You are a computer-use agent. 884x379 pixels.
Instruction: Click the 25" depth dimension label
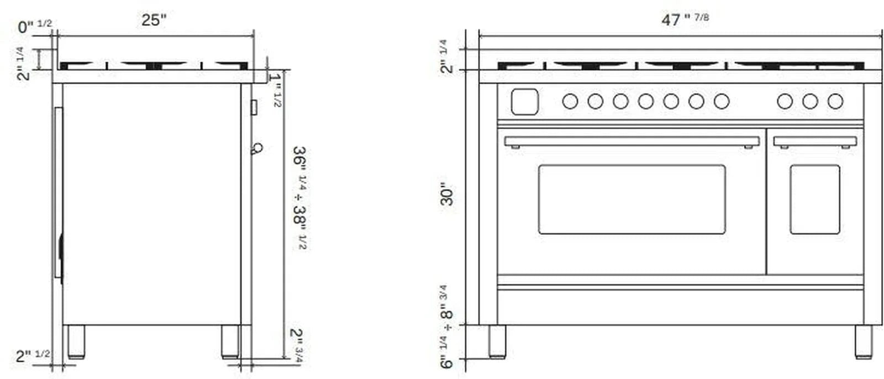(154, 20)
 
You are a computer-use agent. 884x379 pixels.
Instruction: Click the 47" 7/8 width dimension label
(685, 19)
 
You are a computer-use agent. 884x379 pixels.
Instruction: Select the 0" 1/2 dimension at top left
(34, 26)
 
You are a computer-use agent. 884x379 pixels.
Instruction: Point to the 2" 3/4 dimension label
(297, 345)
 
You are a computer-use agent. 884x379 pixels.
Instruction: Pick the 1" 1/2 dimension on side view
(276, 88)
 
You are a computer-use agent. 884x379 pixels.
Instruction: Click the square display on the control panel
(524, 102)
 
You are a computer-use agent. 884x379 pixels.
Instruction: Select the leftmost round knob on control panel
(570, 102)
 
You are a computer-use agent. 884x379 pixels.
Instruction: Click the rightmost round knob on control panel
(835, 102)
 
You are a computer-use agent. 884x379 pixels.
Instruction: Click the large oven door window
(632, 199)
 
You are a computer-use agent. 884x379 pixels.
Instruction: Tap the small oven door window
(814, 199)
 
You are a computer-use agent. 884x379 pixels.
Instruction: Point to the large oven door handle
(632, 141)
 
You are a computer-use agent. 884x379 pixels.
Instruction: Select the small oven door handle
(814, 141)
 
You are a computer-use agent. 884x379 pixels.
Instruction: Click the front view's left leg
(497, 341)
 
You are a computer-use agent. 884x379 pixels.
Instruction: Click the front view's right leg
(863, 341)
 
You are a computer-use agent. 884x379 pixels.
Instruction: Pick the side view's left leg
(76, 341)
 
